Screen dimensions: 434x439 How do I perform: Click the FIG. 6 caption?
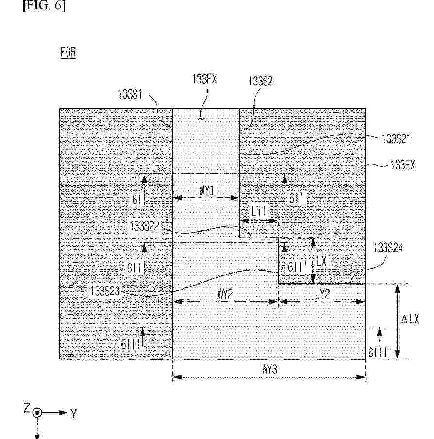point(44,6)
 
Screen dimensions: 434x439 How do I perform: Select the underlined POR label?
point(68,52)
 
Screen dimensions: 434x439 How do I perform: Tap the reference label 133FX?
point(205,79)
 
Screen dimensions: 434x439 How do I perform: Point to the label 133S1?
point(130,94)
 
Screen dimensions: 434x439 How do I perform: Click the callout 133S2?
point(260,81)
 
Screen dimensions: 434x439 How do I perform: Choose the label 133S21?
point(396,138)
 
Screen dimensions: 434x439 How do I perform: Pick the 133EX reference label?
point(402,165)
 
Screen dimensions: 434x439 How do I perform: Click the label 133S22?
point(144,226)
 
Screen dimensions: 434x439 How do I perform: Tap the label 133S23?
point(105,291)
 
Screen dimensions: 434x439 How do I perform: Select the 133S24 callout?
point(388,248)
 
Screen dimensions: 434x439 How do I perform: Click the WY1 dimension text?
point(206,190)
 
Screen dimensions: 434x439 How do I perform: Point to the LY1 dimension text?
point(259,211)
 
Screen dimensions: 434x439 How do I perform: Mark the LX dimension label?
point(321,261)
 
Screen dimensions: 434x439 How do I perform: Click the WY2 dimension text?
point(225,294)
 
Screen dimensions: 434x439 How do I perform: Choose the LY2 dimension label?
point(322,294)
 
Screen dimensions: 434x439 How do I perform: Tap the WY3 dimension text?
point(269,370)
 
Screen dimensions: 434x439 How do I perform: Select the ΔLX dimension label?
point(410,319)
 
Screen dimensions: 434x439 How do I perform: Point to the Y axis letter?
point(73,413)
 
